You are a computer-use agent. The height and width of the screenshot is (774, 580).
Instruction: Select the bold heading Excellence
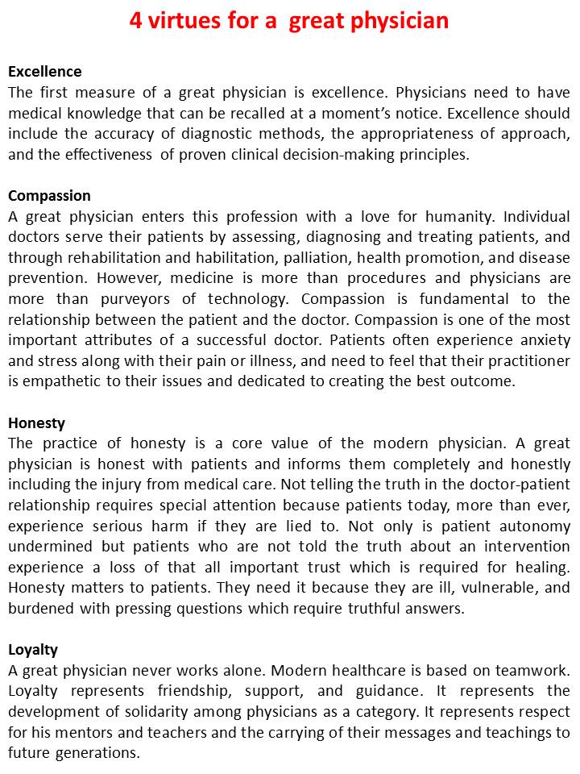pos(45,72)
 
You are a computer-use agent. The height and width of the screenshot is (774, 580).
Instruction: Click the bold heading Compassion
pos(49,196)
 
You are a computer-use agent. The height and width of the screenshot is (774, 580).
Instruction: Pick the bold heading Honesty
pos(36,422)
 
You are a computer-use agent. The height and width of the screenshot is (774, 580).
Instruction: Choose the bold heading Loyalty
pos(33,649)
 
